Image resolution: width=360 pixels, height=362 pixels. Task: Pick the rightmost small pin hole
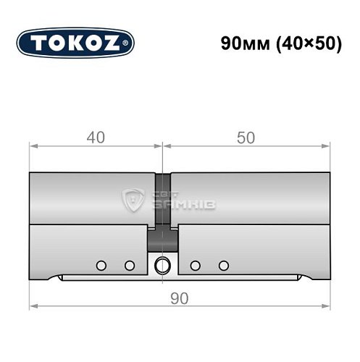224,264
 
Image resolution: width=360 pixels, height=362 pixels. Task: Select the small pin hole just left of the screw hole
129,264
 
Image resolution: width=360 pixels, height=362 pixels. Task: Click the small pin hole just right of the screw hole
195,264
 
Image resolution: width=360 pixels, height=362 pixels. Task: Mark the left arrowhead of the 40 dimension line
33,147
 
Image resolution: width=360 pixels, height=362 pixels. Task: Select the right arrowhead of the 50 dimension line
325,147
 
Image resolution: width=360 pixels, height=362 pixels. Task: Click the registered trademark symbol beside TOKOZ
130,44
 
